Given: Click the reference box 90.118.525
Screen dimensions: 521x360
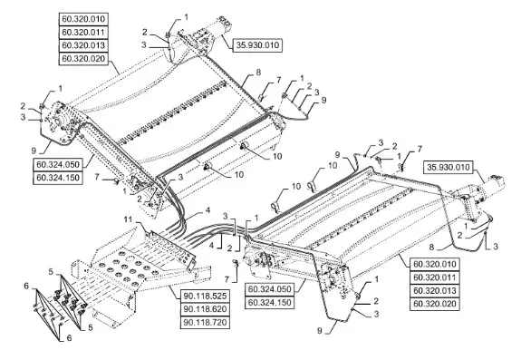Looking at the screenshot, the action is (x=205, y=296).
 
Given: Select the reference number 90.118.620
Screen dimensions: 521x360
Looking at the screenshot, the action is (x=205, y=309).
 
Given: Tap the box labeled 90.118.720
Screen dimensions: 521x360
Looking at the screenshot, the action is (x=205, y=323).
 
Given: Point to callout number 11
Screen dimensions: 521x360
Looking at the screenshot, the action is (x=129, y=219).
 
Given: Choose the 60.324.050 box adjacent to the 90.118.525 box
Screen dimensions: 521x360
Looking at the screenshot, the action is (x=269, y=289).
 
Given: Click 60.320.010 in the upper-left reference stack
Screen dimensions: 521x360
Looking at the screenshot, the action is (x=83, y=19).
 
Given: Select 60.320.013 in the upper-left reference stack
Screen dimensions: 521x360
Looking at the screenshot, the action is (x=83, y=45).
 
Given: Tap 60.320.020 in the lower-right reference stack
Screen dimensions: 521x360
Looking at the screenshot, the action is (x=435, y=304).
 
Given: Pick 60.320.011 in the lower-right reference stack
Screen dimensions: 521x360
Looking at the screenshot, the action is (x=435, y=277).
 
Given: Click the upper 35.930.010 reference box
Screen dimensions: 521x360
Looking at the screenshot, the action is (x=257, y=44).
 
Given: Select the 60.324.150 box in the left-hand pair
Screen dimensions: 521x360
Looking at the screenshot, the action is (x=58, y=178).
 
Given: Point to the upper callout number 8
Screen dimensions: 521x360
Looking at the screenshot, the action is (x=258, y=72).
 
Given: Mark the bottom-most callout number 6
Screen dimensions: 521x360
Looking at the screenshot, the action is (x=69, y=337).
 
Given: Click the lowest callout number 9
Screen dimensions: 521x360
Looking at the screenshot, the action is (x=319, y=331).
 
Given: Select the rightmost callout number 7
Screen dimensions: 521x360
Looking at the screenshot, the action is (x=420, y=149).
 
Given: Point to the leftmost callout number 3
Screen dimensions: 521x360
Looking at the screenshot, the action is (x=23, y=117).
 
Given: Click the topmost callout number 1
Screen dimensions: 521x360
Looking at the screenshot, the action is (x=186, y=16).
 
